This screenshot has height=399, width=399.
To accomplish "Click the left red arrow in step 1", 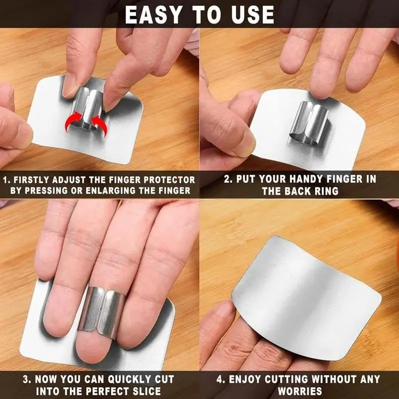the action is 73,122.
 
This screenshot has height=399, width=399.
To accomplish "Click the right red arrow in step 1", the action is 100,125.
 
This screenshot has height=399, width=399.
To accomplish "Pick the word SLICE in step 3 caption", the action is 147,391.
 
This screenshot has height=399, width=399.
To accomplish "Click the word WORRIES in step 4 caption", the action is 300,391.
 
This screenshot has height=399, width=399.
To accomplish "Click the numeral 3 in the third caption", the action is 26,380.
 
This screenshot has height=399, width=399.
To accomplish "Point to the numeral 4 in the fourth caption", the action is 219,379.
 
